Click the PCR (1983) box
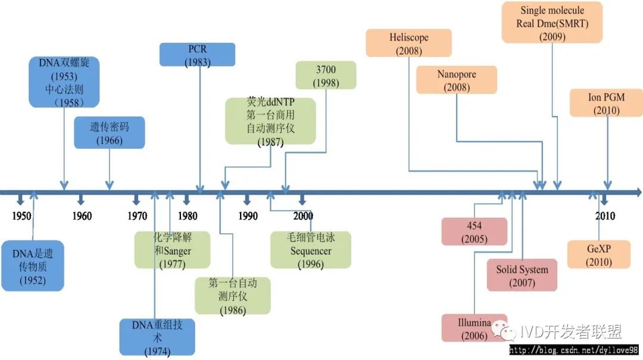(197, 54)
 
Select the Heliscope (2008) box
(408, 45)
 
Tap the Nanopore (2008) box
(457, 80)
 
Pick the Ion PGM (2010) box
(606, 102)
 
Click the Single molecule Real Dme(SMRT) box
(552, 22)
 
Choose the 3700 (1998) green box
(326, 75)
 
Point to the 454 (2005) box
(474, 231)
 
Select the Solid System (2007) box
(522, 275)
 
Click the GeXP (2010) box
(598, 254)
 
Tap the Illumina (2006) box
(474, 328)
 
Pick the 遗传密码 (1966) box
(109, 133)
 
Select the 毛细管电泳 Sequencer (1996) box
(311, 250)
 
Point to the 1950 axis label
(21, 216)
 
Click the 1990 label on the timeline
(248, 216)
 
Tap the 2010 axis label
(605, 216)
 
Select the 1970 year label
(137, 216)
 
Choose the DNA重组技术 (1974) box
(157, 337)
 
